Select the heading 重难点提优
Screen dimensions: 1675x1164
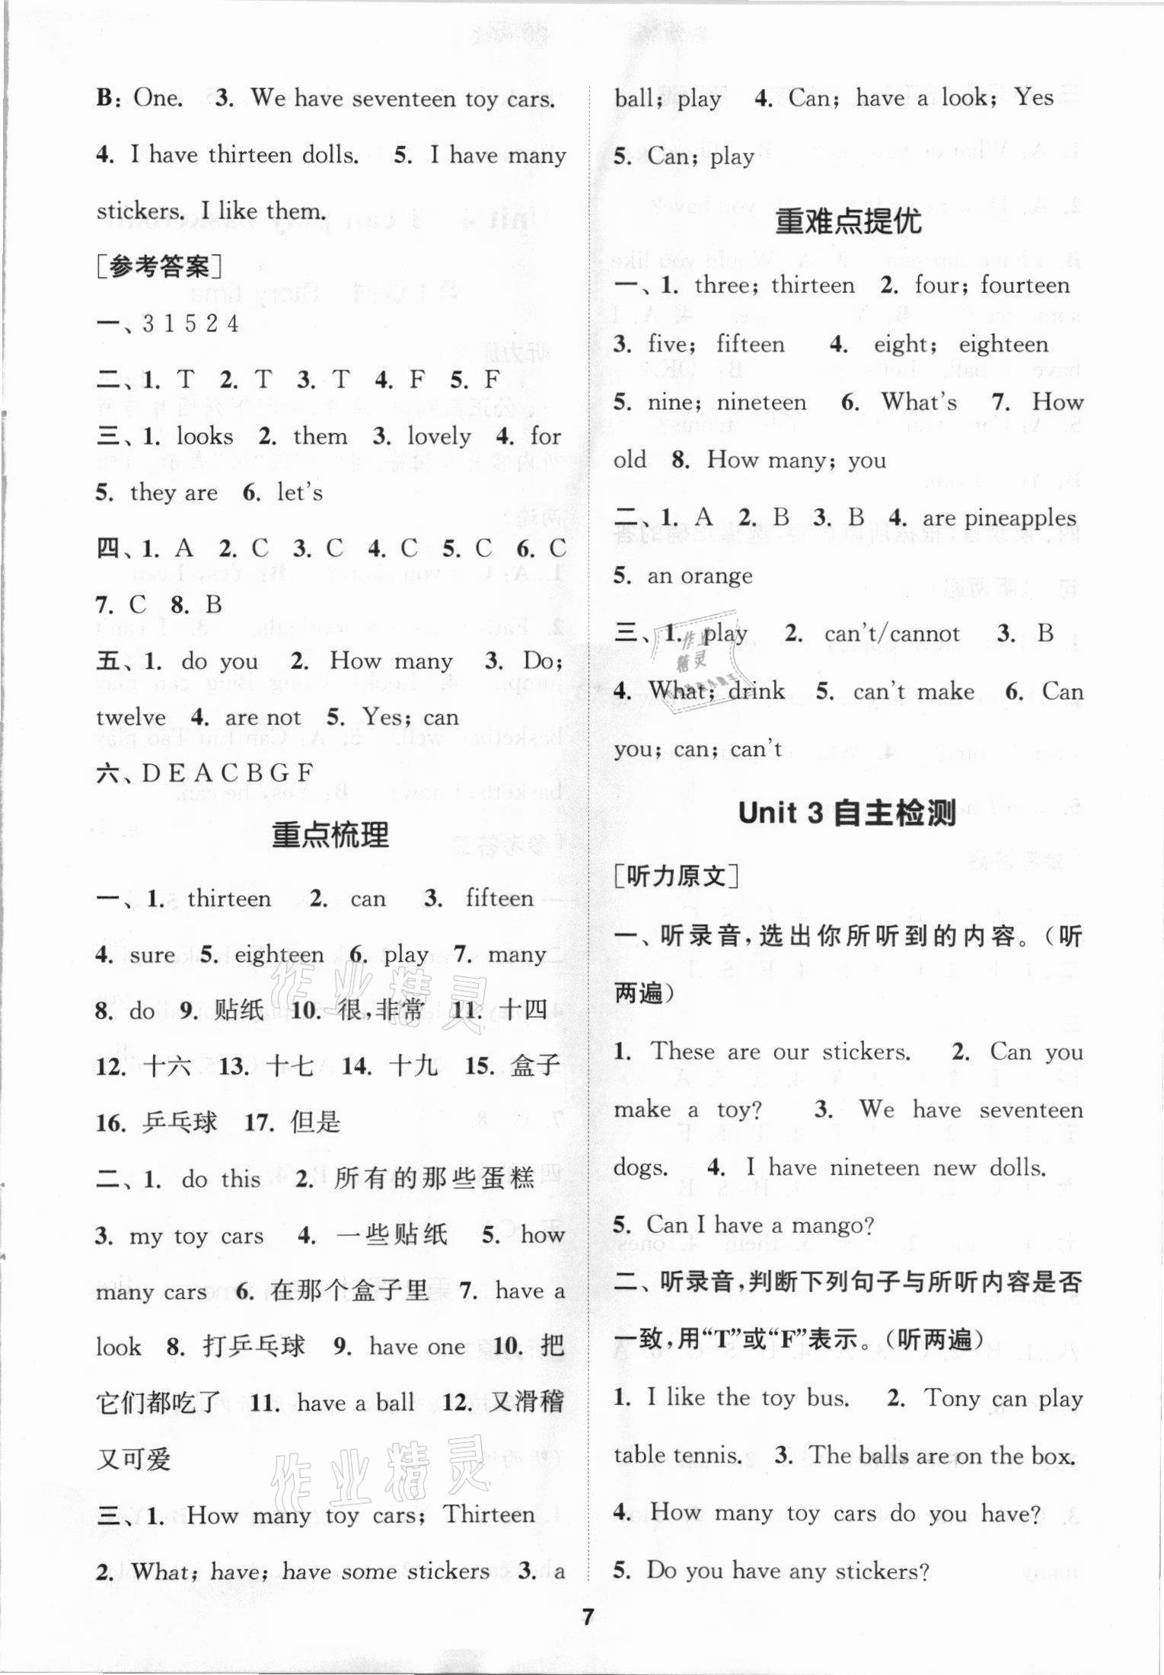pos(847,221)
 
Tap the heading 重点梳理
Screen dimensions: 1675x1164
pos(330,836)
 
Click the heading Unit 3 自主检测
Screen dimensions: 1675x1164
pos(847,814)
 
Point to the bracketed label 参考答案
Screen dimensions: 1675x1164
pos(160,267)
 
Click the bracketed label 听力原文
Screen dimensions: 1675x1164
pos(677,877)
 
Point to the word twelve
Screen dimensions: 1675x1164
pos(131,717)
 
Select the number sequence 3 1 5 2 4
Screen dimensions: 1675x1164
pos(190,324)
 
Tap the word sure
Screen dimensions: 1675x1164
pos(152,955)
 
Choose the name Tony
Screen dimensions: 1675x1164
pos(952,1398)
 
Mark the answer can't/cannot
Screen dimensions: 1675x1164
pos(891,634)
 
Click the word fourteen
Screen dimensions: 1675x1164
pos(1025,285)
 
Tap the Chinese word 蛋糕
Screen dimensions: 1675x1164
pos(509,1179)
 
